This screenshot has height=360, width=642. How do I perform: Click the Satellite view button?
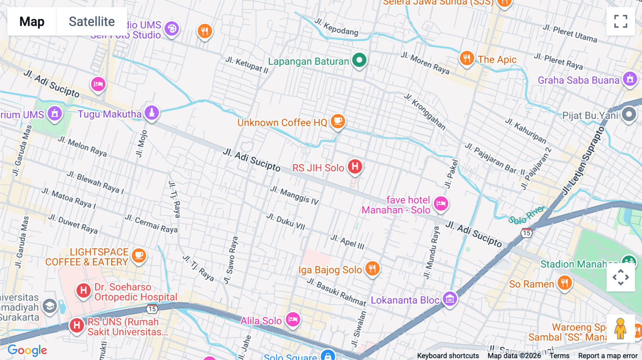click(x=92, y=21)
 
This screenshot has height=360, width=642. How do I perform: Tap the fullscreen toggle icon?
click(x=621, y=21)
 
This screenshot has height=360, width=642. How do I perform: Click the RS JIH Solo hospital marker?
click(x=355, y=166)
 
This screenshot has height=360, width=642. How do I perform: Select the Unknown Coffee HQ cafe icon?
click(x=338, y=121)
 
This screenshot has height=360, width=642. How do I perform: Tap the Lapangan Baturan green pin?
click(x=359, y=60)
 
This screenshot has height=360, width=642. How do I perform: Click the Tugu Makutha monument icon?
click(x=152, y=113)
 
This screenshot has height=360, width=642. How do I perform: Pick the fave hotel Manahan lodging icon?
click(x=441, y=204)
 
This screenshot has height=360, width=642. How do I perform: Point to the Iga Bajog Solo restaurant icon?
click(x=372, y=268)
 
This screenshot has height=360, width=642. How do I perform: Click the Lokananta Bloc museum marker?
click(x=450, y=299)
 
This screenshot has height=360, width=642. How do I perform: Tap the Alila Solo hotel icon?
click(x=293, y=319)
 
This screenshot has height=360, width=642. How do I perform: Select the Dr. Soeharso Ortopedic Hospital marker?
click(x=83, y=290)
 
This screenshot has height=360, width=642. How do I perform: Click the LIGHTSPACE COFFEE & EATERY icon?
click(x=139, y=256)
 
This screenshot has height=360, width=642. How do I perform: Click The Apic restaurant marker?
click(x=467, y=58)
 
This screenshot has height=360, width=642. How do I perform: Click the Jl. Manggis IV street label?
click(x=294, y=195)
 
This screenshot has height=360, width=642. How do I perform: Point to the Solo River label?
click(x=526, y=215)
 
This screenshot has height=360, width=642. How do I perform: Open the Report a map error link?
click(x=607, y=356)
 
